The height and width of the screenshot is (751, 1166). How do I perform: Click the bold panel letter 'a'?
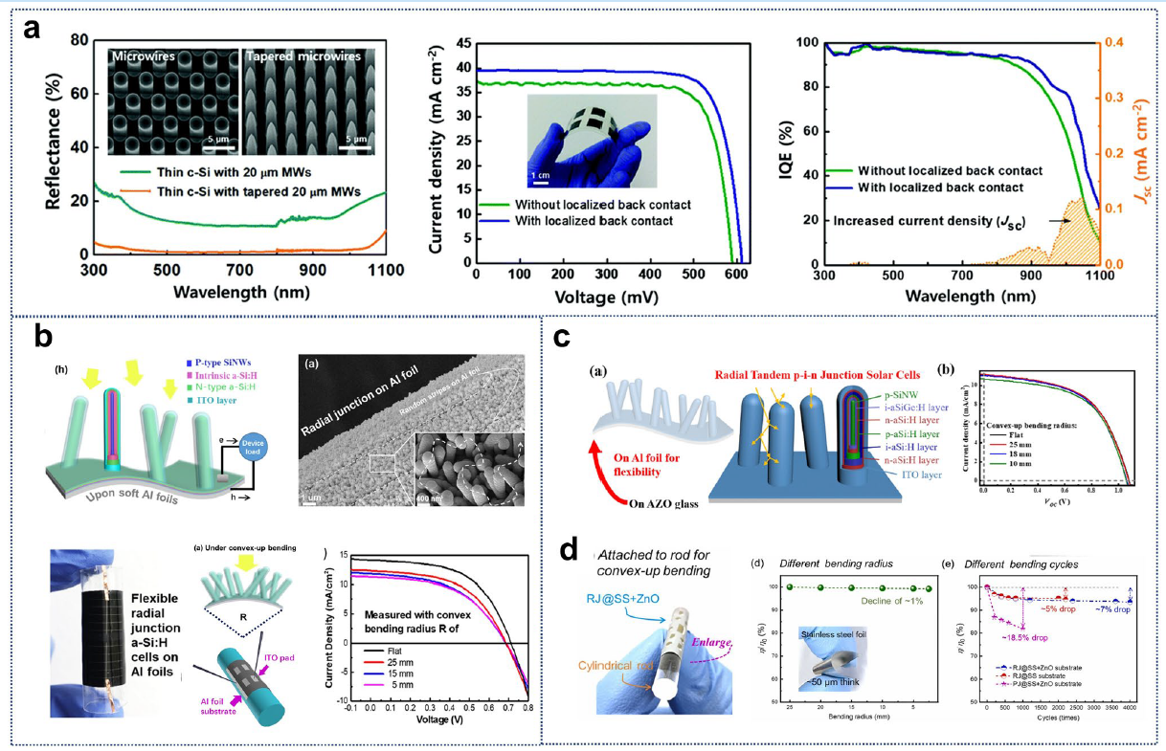click(32, 27)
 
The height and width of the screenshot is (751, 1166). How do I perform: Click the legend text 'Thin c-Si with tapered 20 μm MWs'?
click(245, 192)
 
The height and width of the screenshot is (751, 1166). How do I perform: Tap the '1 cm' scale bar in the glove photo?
click(541, 175)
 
